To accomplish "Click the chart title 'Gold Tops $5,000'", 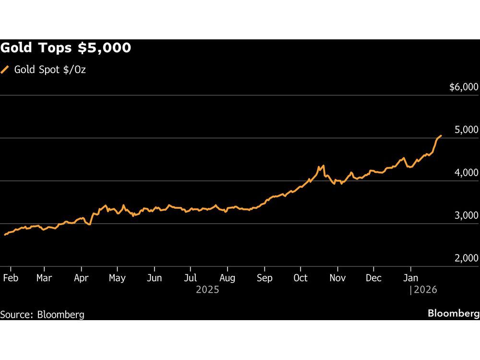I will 66,48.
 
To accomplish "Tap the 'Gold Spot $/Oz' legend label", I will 50,70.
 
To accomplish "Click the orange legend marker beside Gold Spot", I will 5,70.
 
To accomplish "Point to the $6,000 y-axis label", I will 464,87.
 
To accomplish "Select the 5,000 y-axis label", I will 467,130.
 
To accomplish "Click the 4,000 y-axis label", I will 467,172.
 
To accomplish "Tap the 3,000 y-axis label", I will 467,216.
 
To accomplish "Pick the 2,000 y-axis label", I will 467,258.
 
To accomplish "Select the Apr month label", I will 82,278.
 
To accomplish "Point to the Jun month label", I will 154,278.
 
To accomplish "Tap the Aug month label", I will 228,278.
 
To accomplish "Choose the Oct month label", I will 300,278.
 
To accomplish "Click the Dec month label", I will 373,278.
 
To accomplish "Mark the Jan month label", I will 410,278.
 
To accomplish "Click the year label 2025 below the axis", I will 207,289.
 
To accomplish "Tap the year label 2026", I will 424,289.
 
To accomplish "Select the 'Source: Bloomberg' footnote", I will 42,315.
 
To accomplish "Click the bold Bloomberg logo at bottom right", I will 453,313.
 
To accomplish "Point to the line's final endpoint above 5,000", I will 441,136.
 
